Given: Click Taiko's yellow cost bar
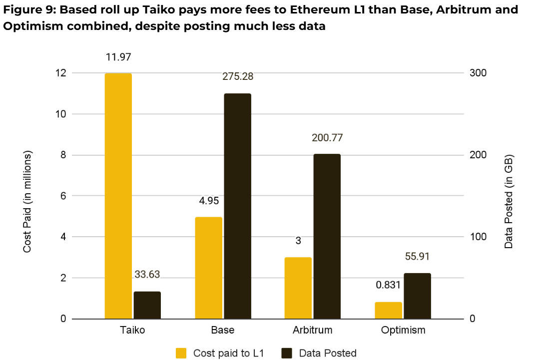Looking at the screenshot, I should (x=118, y=196).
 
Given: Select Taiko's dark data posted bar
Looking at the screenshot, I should (x=147, y=305).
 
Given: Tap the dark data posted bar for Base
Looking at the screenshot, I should (x=237, y=206).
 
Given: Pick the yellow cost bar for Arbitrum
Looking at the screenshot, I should (x=298, y=288).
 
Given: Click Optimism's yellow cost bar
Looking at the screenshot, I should (x=388, y=310).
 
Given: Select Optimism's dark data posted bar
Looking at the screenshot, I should (x=417, y=296).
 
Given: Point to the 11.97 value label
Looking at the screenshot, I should (x=118, y=57).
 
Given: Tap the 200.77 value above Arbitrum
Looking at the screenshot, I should (x=327, y=138).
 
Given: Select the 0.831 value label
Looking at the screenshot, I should (x=388, y=285).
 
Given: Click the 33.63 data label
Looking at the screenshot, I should (x=147, y=275).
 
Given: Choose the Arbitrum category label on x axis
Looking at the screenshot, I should (x=312, y=330).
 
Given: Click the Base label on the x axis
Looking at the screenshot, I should (x=223, y=330).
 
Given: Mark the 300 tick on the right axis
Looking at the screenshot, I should (x=478, y=73).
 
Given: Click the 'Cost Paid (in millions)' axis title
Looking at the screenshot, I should (x=27, y=201).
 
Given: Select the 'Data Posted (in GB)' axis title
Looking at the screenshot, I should (x=509, y=201).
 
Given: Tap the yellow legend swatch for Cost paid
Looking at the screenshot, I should (x=181, y=353).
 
